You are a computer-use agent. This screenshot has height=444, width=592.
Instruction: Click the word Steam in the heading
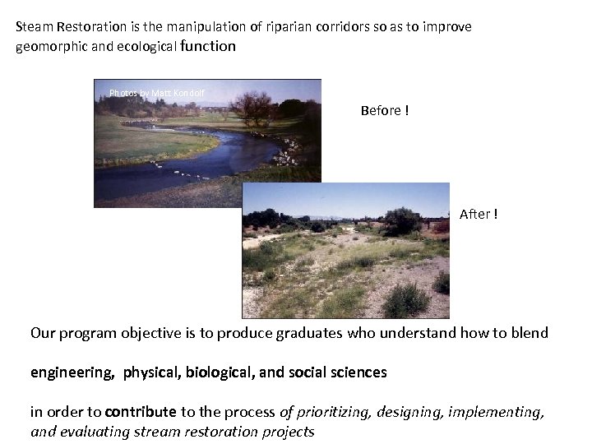coord(34,26)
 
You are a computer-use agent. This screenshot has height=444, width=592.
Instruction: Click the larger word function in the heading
coord(207,46)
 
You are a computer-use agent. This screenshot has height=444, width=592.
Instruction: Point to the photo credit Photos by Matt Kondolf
coord(156,93)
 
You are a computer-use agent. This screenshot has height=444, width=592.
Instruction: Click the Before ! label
coord(384,110)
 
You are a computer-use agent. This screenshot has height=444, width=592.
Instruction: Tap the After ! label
coord(478,214)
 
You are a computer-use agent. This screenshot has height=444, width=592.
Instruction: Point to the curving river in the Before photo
coord(206,156)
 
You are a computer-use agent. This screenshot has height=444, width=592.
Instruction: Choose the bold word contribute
coord(141,411)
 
